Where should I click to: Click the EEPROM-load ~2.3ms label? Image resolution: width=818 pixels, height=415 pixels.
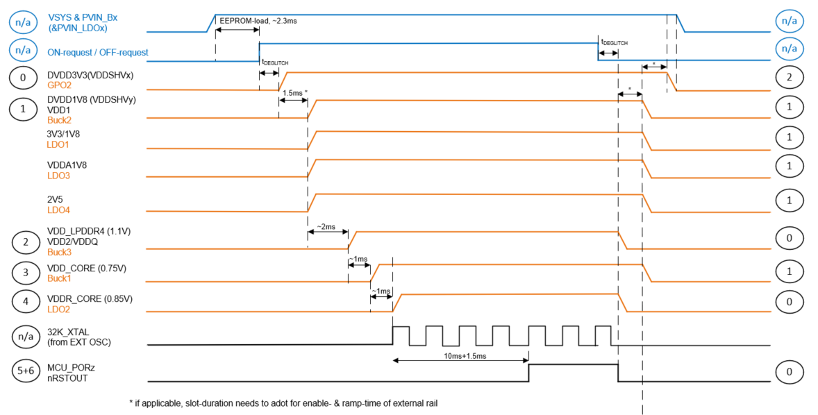coord(258,22)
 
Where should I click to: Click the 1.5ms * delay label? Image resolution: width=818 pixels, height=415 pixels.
coord(295,92)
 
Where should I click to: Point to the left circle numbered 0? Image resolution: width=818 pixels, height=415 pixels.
coord(23,78)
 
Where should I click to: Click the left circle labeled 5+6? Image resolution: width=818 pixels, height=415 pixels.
coord(26,371)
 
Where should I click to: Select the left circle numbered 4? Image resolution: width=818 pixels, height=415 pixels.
coord(26,301)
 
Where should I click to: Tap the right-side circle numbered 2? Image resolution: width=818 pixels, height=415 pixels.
coord(789,78)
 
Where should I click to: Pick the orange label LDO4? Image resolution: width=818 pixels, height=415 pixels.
coord(58,209)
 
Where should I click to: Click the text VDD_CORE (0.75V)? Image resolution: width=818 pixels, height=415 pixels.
coord(87,268)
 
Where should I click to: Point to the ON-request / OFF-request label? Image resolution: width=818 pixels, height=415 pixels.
coord(97,52)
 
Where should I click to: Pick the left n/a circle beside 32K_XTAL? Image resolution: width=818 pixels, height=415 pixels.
coord(26,337)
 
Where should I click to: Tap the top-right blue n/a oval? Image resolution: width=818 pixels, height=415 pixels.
coord(789,21)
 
